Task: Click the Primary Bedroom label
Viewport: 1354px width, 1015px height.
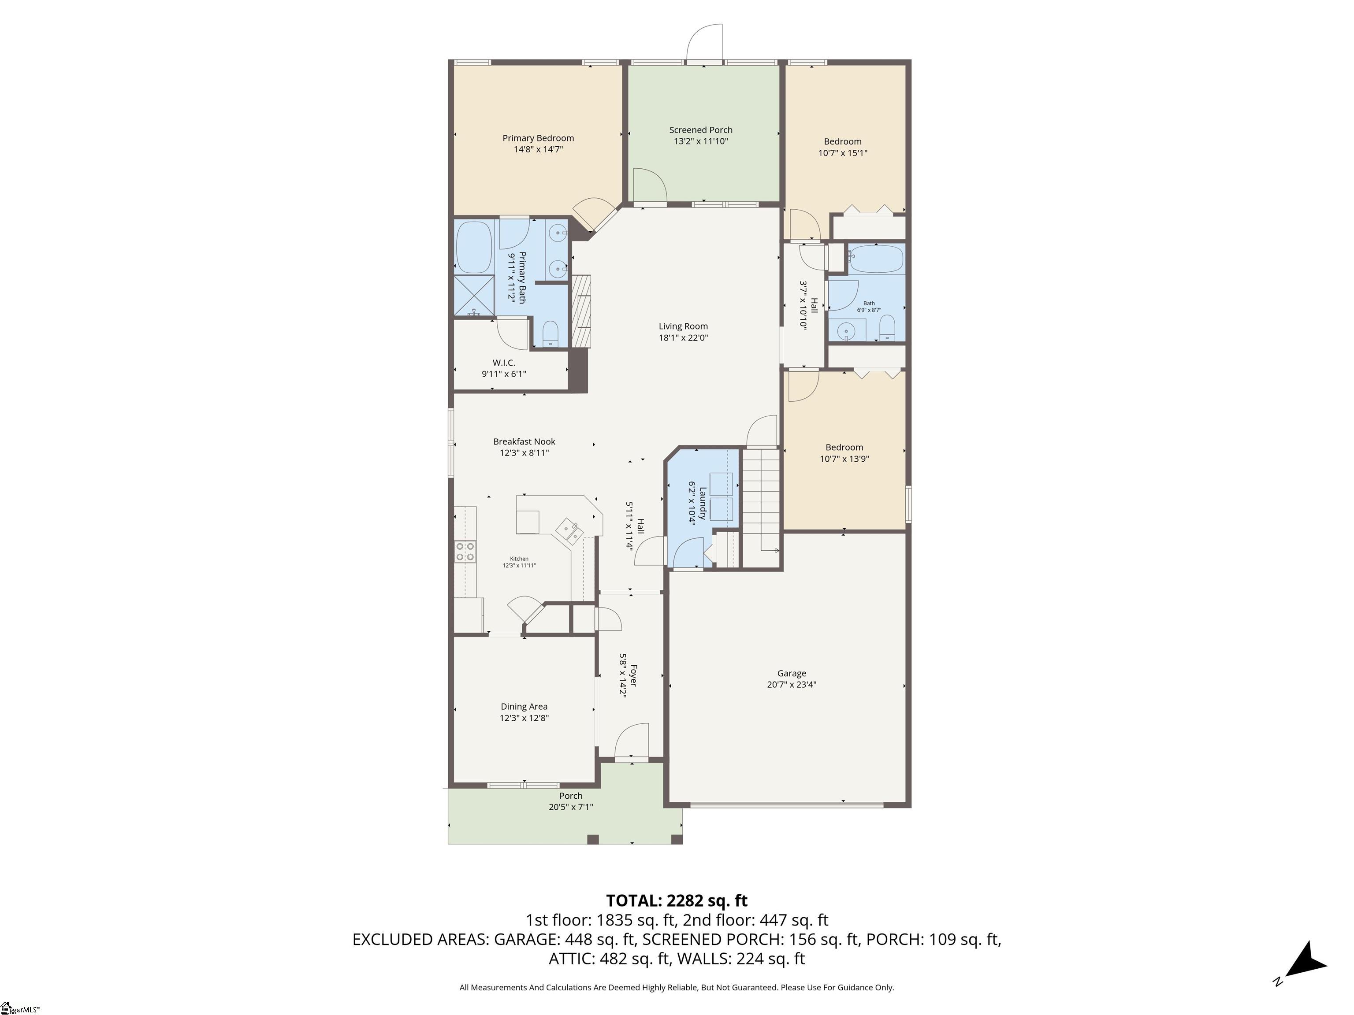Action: tap(538, 138)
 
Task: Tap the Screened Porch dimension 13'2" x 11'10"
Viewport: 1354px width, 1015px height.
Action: tap(700, 141)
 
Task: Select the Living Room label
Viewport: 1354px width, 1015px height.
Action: tap(683, 326)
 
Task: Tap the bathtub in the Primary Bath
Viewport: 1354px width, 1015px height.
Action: tap(474, 247)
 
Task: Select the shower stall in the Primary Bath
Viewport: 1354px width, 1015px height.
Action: tap(474, 296)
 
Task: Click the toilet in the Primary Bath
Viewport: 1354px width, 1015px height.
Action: tap(551, 333)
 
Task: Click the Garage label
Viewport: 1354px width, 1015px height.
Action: tap(792, 673)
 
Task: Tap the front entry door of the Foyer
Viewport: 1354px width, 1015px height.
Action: tap(631, 743)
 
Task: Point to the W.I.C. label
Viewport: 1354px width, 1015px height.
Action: tap(504, 363)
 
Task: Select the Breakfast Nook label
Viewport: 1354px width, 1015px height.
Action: tap(524, 441)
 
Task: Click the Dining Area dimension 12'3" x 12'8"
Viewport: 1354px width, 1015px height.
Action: tap(524, 718)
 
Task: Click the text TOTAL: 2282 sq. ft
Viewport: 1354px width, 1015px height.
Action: tap(677, 900)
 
